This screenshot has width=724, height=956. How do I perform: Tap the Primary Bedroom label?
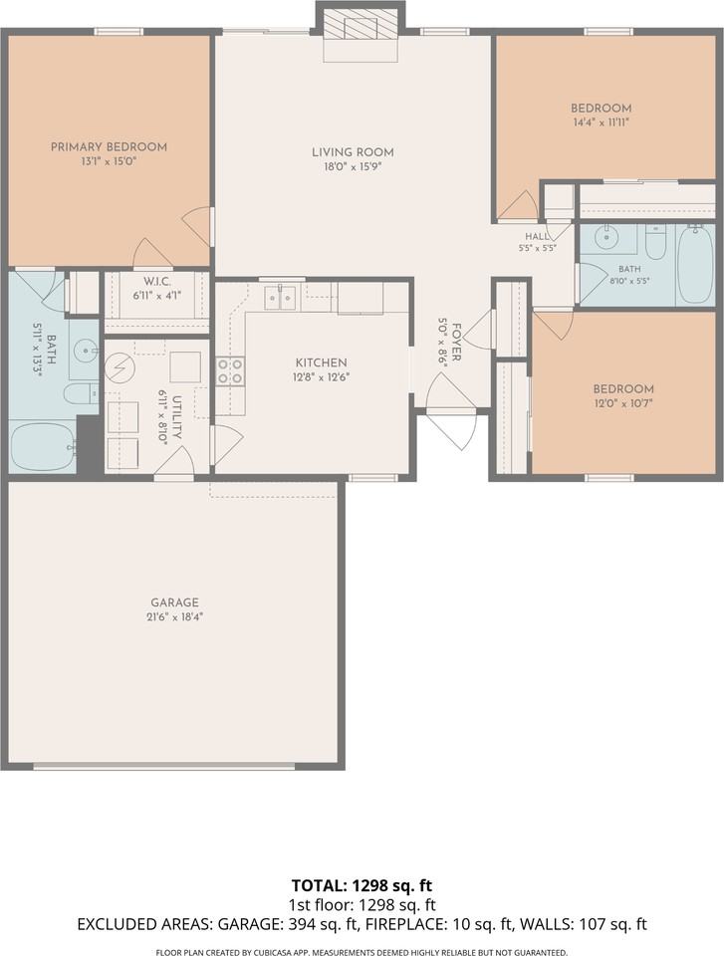[x=109, y=147]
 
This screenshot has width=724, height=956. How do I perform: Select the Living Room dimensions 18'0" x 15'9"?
[x=353, y=166]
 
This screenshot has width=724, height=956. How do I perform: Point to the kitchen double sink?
[x=280, y=297]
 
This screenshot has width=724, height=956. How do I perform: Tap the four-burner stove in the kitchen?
[x=230, y=371]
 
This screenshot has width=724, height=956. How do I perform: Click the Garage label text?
[x=174, y=602]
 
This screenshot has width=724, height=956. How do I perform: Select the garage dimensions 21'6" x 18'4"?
[x=174, y=616]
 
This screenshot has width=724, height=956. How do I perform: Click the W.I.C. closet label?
[x=156, y=282]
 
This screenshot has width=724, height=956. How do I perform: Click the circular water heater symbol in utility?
[x=119, y=367]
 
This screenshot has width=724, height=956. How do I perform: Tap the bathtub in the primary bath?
[x=43, y=446]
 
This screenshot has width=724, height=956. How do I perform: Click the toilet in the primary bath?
[x=81, y=394]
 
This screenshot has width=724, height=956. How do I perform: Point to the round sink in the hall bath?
[x=605, y=238]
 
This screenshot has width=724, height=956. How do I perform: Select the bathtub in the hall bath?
[x=695, y=263]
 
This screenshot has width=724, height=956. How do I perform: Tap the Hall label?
[x=537, y=237]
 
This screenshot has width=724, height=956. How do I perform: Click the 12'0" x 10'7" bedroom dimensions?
[x=623, y=402]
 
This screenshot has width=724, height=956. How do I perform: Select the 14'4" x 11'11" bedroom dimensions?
[x=601, y=121]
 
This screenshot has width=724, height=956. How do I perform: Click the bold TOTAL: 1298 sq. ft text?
[x=362, y=885]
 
